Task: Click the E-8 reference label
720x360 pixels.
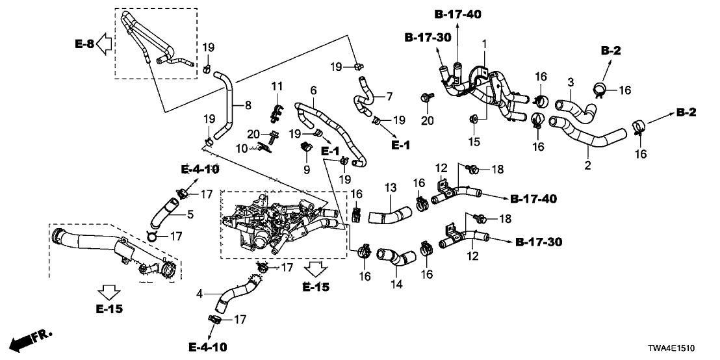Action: pyautogui.click(x=84, y=44)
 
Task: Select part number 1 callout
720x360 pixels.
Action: pyautogui.click(x=483, y=43)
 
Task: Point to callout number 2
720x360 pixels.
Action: pyautogui.click(x=587, y=166)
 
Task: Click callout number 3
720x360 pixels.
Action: pyautogui.click(x=571, y=82)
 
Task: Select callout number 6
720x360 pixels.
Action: pyautogui.click(x=313, y=90)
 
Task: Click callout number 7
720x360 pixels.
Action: pyautogui.click(x=389, y=97)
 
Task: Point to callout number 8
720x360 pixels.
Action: pyautogui.click(x=246, y=104)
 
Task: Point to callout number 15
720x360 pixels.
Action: pyautogui.click(x=474, y=142)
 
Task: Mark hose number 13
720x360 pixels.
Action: pyautogui.click(x=390, y=214)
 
